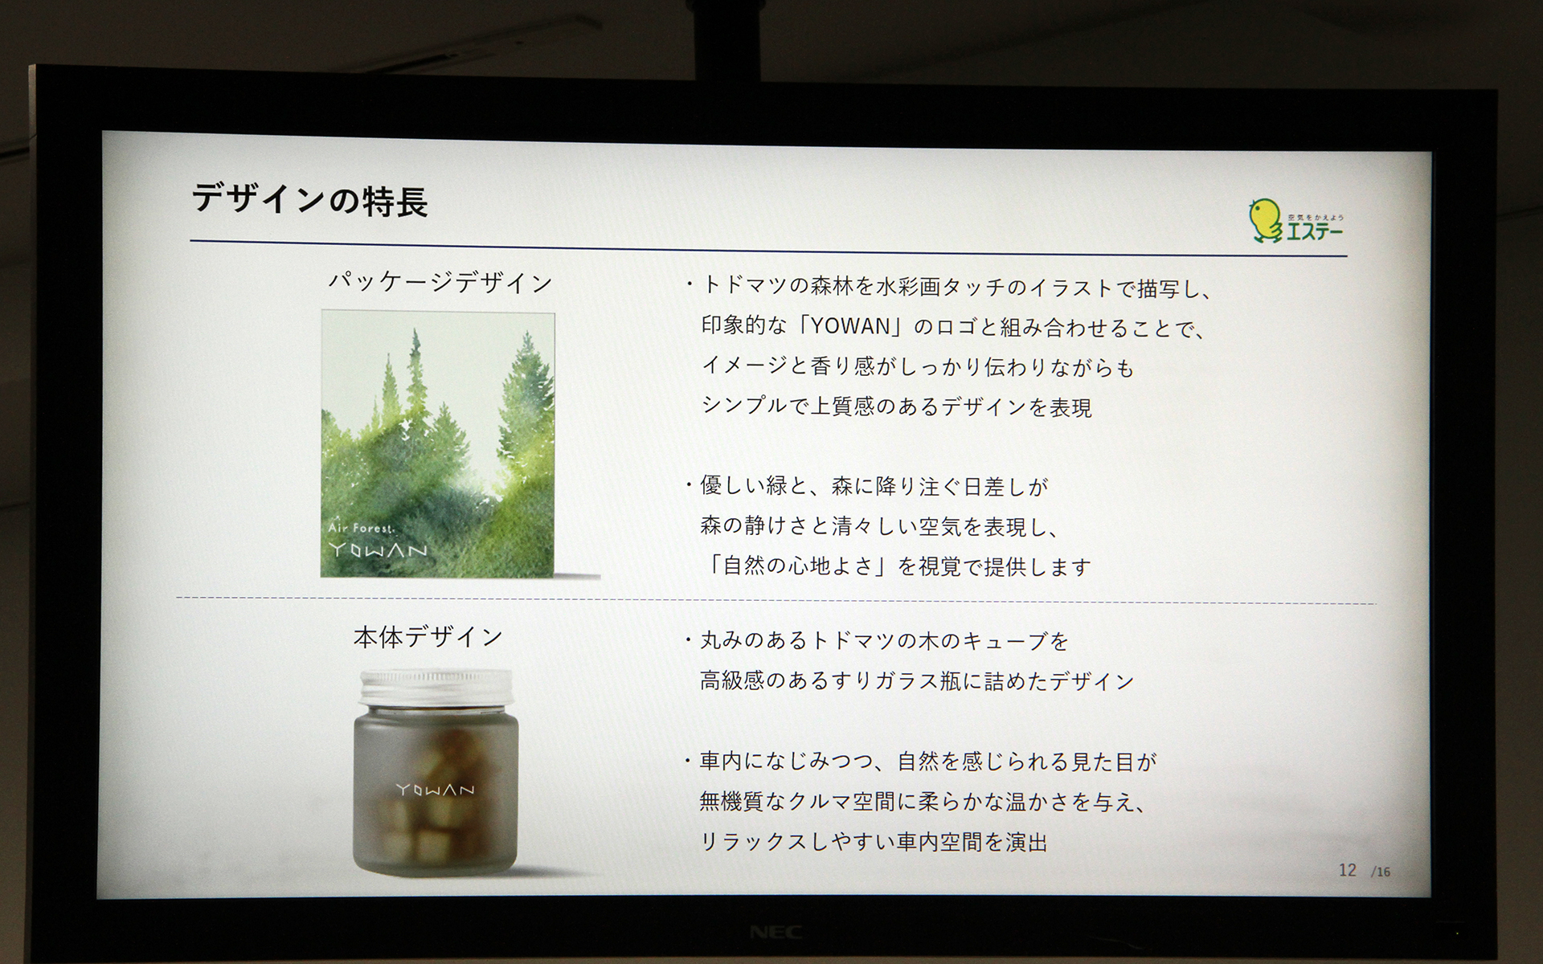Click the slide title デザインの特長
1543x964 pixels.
coord(309,200)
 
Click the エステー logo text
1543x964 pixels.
coord(1315,231)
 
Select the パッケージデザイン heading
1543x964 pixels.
coord(440,283)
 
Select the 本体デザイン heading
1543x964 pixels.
coord(428,637)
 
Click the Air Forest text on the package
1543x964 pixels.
coord(362,528)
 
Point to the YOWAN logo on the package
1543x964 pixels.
coord(378,550)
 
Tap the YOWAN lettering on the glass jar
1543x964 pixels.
coord(436,790)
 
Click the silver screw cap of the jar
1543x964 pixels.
coord(436,687)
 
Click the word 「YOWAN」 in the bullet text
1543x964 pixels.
coord(852,326)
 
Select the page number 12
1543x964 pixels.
coord(1347,870)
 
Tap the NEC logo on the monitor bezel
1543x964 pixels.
coord(776,932)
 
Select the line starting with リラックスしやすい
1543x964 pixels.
coord(874,842)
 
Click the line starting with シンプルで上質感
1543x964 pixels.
coord(896,406)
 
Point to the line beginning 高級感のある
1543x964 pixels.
coord(916,681)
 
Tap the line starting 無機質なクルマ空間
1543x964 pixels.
coord(922,802)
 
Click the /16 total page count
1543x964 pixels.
coord(1381,872)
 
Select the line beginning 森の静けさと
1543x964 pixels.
coord(880,526)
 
